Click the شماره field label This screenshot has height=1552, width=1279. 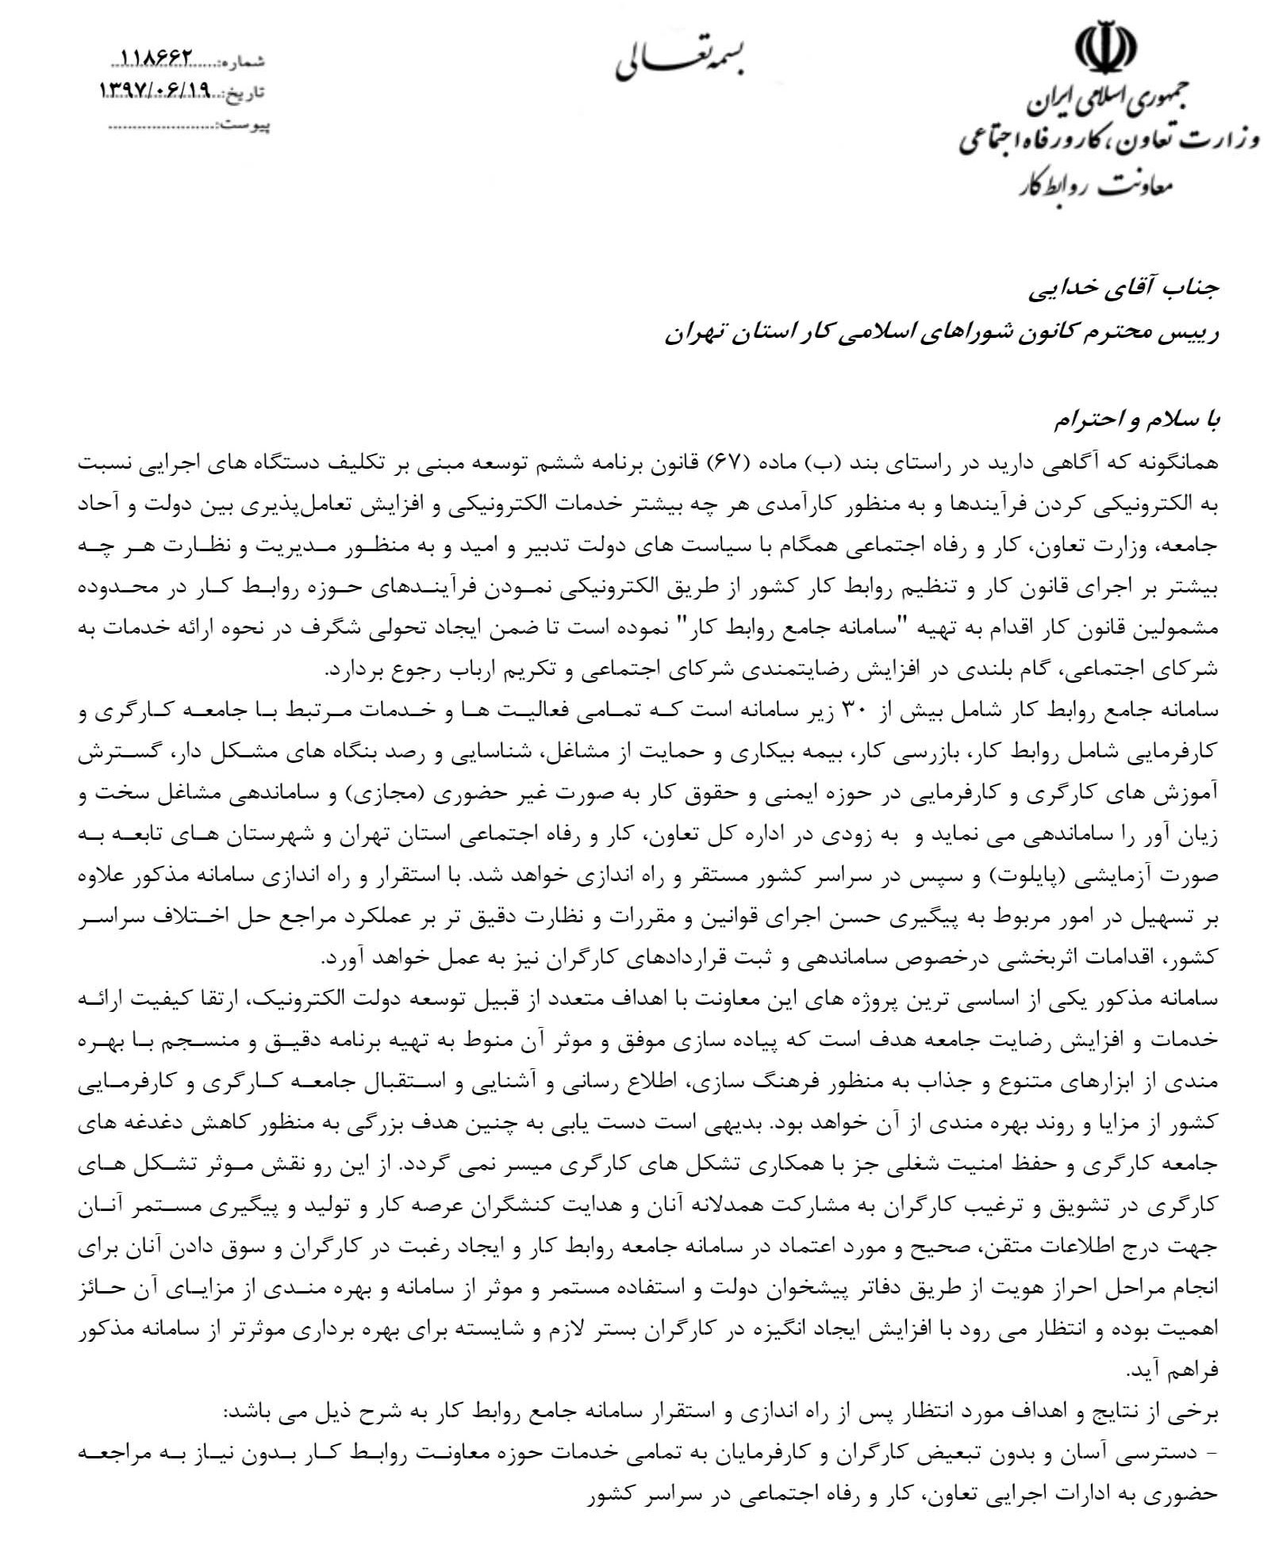pos(246,61)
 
